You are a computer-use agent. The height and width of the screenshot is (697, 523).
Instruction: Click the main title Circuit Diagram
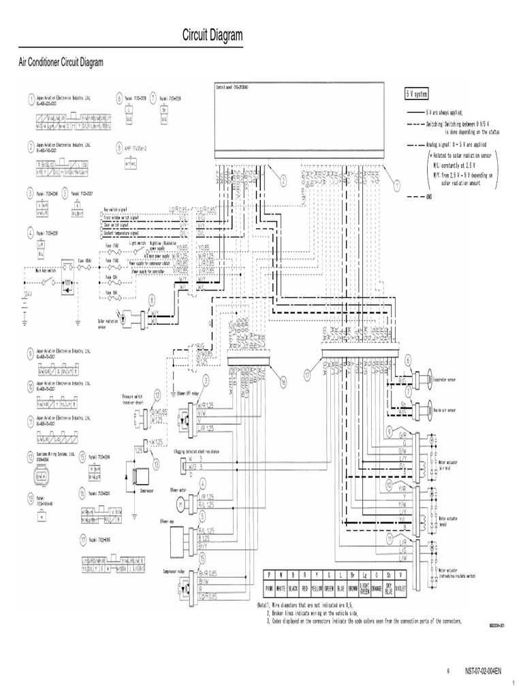212,36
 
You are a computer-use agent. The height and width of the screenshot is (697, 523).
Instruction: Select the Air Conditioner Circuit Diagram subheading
60,63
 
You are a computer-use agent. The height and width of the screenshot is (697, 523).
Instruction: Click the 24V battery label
27,293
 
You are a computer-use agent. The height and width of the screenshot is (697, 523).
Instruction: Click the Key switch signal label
116,210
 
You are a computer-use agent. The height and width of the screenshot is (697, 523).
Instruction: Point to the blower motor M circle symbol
181,503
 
